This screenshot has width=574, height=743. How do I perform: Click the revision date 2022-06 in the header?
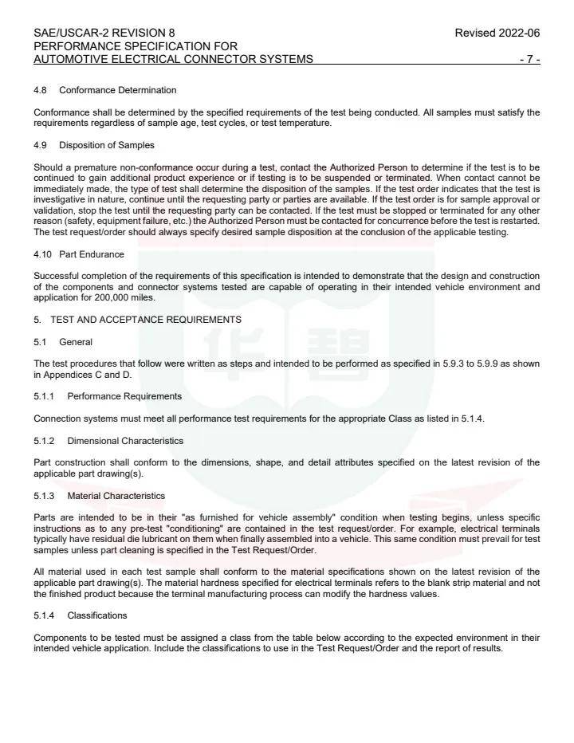(x=519, y=33)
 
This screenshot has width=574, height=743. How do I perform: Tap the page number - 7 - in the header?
(x=529, y=59)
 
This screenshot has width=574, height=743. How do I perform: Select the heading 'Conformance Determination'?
(x=118, y=90)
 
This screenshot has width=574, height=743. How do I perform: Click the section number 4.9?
(x=41, y=145)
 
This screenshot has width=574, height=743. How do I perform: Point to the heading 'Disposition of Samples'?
(x=107, y=145)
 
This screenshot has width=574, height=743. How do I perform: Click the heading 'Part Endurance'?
(x=92, y=254)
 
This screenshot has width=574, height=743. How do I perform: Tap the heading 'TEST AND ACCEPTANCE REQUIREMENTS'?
(x=146, y=320)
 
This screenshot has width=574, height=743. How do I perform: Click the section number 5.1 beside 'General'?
(x=41, y=342)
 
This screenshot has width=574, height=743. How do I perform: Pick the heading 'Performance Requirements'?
(x=124, y=396)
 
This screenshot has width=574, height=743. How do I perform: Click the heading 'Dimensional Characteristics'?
(x=125, y=441)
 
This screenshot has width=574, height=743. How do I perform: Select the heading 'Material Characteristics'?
(x=116, y=496)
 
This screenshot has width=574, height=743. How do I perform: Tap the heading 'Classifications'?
(x=97, y=615)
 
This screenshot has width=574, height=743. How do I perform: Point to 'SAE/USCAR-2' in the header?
(x=67, y=33)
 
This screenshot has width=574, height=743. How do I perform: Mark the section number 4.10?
(x=44, y=254)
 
